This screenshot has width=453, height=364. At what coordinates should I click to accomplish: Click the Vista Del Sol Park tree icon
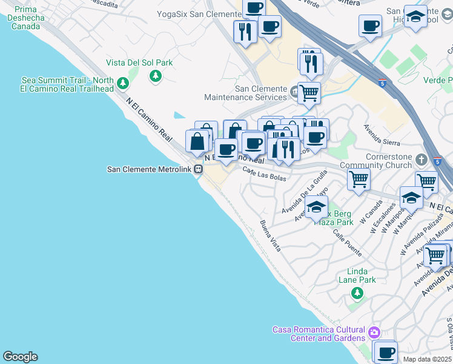[x=156, y=75]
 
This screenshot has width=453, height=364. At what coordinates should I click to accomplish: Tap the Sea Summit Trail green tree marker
[x=123, y=83]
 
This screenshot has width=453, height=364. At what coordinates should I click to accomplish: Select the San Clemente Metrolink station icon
[x=198, y=170]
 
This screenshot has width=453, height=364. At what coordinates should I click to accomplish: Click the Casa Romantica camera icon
[x=374, y=332]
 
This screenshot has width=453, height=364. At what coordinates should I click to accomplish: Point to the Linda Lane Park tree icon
[x=357, y=294]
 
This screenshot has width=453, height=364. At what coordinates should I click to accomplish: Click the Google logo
[x=20, y=357]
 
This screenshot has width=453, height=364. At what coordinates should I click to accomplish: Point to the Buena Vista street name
[x=271, y=237]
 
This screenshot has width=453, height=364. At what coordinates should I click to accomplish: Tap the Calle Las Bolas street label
[x=264, y=174]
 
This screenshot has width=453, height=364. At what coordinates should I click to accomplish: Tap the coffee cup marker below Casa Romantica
[x=385, y=351]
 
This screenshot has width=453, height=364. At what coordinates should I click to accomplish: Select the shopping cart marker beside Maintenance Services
[x=309, y=92]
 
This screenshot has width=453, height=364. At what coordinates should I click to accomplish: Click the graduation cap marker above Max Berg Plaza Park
[x=316, y=206]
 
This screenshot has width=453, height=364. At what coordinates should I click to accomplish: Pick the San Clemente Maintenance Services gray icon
[x=294, y=92]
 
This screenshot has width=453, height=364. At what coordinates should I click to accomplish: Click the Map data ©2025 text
[x=427, y=359]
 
